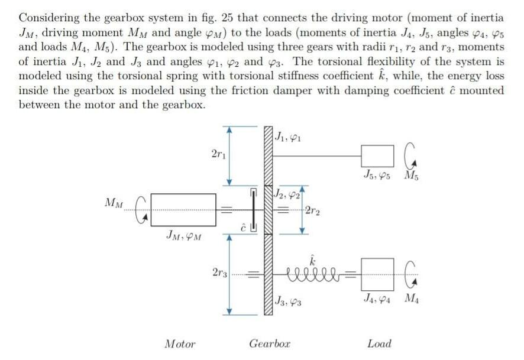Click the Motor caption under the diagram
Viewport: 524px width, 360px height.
tap(180, 343)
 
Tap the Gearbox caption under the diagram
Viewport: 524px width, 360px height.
tap(270, 343)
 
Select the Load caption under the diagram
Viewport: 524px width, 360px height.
tap(379, 343)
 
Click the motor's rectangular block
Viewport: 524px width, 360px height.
tap(183, 210)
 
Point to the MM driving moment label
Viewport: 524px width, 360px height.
tap(114, 203)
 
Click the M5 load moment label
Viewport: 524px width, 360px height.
tap(410, 176)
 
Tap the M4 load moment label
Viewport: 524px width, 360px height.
tap(410, 297)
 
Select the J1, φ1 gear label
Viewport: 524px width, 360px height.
tap(288, 135)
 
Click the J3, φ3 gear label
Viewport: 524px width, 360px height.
tap(288, 302)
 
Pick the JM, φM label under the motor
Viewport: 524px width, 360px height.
tap(184, 237)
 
